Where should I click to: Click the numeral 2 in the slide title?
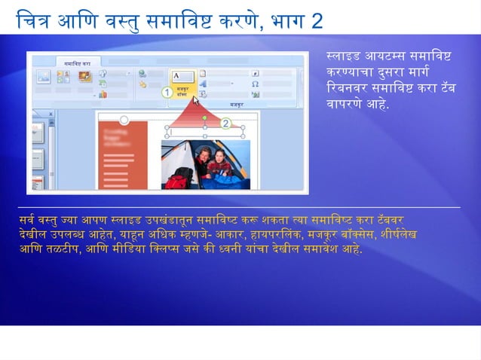(x=315, y=20)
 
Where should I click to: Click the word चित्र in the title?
(x=37, y=20)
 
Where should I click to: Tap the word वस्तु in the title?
(x=125, y=20)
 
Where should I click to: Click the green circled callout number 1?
(x=168, y=92)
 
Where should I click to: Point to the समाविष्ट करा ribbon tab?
(x=77, y=64)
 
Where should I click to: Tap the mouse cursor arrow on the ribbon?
(x=196, y=99)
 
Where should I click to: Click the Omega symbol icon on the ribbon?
(x=256, y=84)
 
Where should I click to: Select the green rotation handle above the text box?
(x=204, y=118)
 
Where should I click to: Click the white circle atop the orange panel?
(x=124, y=119)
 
